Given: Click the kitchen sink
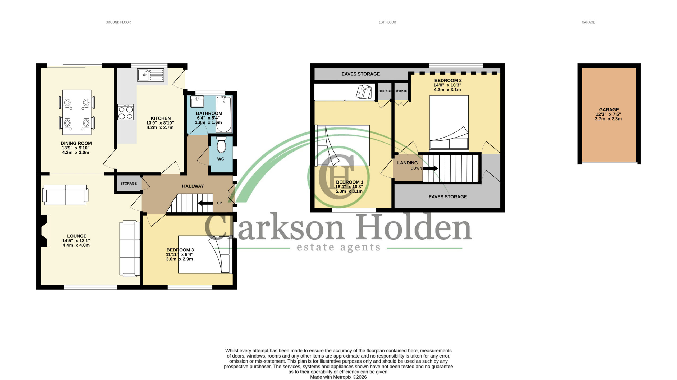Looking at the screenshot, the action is point(150,75).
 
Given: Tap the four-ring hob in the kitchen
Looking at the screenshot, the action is point(126,112).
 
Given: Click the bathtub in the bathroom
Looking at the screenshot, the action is point(224,114).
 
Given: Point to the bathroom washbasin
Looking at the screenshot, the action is point(197,102).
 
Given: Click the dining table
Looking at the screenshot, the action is point(77,112).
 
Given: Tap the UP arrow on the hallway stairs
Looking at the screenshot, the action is point(205,203).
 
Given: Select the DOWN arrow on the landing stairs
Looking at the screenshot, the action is point(430,168).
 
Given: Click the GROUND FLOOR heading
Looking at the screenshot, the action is point(118,22).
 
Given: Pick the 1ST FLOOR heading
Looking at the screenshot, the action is point(387,22).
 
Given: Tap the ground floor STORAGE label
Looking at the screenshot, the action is point(129,183).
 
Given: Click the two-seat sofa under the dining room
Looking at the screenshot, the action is point(65,195).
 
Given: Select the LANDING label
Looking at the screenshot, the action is point(407,163).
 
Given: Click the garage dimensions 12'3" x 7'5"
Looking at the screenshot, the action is point(608,114).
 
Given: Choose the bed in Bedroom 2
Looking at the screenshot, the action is point(449,123).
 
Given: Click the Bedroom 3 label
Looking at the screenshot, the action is point(180,250).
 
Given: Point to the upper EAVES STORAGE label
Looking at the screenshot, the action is point(361,74).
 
